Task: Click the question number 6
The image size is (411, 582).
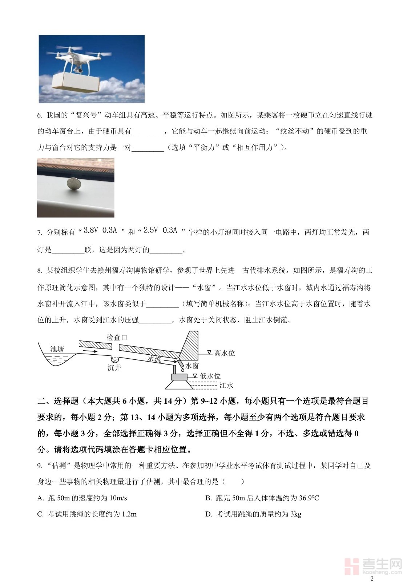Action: pos(40,116)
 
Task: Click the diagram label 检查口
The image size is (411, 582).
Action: pos(117,338)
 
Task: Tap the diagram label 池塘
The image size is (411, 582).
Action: pos(57,349)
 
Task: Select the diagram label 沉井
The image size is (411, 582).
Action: pos(114,368)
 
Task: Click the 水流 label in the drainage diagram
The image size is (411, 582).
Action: pos(154,359)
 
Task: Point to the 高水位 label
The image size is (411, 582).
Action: pos(224,353)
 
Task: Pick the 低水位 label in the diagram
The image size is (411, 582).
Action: pos(210,376)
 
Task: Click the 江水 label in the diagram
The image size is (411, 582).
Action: pos(226,386)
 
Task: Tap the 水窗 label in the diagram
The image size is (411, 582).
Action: pos(192,366)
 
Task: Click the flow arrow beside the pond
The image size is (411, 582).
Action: pos(89,351)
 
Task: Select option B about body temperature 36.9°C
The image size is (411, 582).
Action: pos(262,498)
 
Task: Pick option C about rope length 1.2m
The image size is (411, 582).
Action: pos(87,514)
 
